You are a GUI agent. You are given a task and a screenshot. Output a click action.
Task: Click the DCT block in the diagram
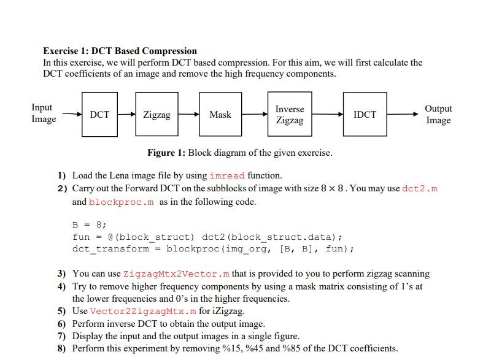coord(99,115)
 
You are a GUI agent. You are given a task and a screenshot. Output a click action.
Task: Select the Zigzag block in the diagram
coord(156,115)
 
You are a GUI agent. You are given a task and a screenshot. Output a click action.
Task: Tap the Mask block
coord(220,115)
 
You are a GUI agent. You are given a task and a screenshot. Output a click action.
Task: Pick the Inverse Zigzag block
coord(290,115)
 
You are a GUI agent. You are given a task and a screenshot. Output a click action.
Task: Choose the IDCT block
coord(365,115)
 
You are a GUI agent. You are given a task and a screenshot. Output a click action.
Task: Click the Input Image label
coord(43,113)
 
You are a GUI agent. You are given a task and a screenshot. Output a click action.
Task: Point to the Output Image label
coord(438,114)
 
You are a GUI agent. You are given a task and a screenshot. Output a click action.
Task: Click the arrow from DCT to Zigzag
coord(126,115)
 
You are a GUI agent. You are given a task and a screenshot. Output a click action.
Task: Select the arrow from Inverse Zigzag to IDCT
coord(327,115)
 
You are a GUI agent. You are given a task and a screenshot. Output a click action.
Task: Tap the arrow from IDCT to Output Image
coord(405,115)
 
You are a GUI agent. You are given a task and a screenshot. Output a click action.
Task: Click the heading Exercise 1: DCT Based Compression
coord(120,51)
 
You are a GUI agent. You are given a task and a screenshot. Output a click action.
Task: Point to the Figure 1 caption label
coord(166,153)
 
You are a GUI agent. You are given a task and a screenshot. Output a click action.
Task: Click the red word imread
coord(228,175)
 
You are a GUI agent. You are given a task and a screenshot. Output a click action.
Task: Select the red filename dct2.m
coord(420,188)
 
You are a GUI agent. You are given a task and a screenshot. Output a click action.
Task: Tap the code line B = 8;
coord(90,224)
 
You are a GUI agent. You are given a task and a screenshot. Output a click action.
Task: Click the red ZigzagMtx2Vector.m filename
coord(176,274)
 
